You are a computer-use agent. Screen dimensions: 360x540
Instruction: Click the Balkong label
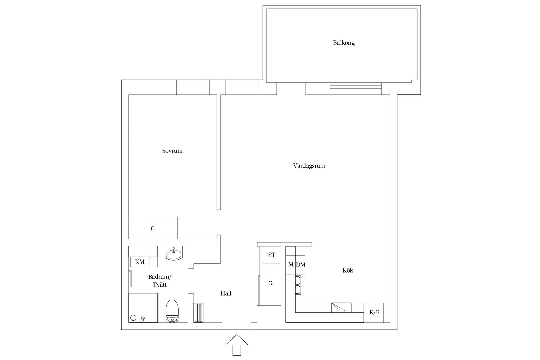(x=344, y=43)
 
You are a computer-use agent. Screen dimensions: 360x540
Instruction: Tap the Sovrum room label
(x=172, y=151)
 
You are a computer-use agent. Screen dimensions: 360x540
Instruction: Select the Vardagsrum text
(x=309, y=166)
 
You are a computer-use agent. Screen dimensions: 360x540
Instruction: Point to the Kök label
(x=348, y=271)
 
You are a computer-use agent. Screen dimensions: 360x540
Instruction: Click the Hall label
(x=226, y=294)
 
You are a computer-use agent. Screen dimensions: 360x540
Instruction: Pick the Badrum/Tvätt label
(x=160, y=281)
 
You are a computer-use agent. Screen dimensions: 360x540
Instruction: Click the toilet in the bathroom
(x=172, y=311)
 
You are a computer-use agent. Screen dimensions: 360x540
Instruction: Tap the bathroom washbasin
(x=174, y=253)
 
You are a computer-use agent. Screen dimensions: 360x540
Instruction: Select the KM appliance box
(x=140, y=262)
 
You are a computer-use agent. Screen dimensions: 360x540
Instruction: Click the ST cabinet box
(x=271, y=255)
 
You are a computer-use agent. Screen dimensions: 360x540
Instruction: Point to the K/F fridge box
(x=374, y=312)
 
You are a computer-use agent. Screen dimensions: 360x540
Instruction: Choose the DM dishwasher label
(x=300, y=265)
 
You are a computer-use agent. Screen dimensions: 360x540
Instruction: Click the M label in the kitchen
(x=291, y=265)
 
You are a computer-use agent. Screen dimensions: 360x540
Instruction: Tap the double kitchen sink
(x=298, y=285)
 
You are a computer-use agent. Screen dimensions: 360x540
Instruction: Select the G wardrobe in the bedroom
(x=153, y=229)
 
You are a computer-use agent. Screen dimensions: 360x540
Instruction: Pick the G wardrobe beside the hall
(x=270, y=283)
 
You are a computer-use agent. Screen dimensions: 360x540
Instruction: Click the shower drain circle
(x=133, y=318)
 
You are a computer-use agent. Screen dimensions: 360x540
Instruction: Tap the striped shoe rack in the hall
(x=198, y=313)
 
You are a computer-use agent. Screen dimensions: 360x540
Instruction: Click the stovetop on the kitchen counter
(x=341, y=308)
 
